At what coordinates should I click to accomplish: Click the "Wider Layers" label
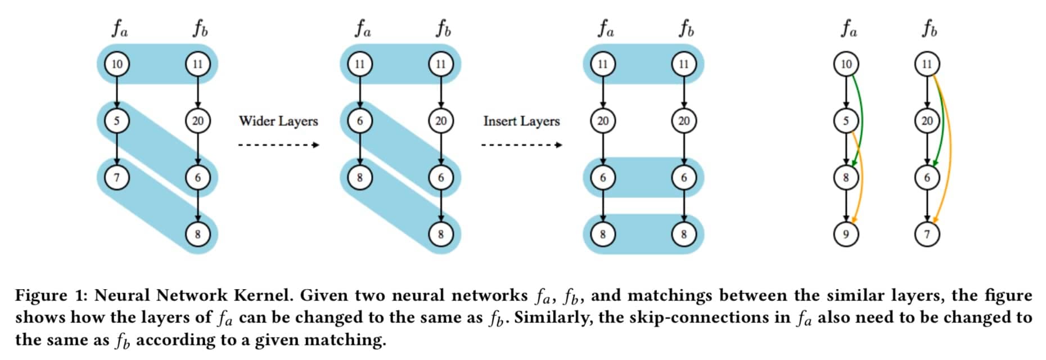pyautogui.click(x=278, y=121)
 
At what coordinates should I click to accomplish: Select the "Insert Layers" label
pyautogui.click(x=521, y=121)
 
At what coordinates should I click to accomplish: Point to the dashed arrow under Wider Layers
pyautogui.click(x=278, y=145)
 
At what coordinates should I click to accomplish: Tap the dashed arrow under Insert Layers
pyautogui.click(x=521, y=145)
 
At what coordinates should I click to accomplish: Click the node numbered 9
pyautogui.click(x=846, y=233)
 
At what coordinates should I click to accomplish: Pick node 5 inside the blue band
pyautogui.click(x=117, y=121)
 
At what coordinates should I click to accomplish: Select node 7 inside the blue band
pyautogui.click(x=117, y=178)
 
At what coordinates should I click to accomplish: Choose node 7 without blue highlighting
pyautogui.click(x=927, y=233)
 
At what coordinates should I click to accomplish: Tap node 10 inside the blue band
pyautogui.click(x=117, y=64)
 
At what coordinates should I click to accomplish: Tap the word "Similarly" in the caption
pyautogui.click(x=551, y=317)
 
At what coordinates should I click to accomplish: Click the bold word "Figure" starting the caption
pyautogui.click(x=41, y=295)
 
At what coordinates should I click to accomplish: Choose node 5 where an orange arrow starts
pyautogui.click(x=846, y=121)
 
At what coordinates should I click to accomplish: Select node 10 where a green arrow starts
pyautogui.click(x=846, y=64)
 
